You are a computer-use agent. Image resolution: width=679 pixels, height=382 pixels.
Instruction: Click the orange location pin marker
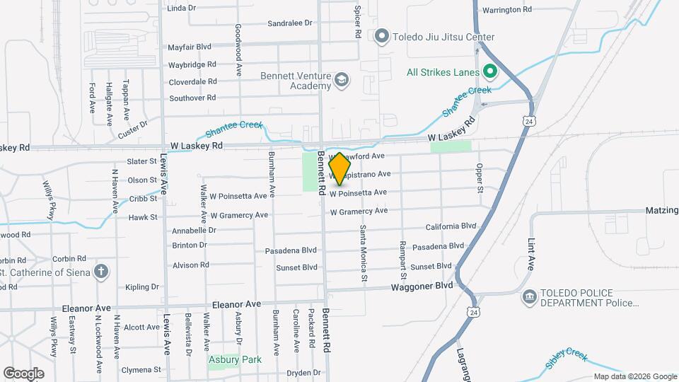pyautogui.click(x=339, y=168)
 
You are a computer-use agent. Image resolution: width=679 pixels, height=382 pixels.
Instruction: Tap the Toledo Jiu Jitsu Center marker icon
pyautogui.click(x=383, y=36)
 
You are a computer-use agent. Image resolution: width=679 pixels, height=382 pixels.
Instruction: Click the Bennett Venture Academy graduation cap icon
pyautogui.click(x=342, y=80)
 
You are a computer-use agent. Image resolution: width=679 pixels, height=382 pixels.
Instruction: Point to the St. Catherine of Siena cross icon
pyautogui.click(x=101, y=271)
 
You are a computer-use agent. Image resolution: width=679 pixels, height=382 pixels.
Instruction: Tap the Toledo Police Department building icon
pyautogui.click(x=528, y=297)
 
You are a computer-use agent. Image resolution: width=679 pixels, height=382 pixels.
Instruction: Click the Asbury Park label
pyautogui.click(x=236, y=359)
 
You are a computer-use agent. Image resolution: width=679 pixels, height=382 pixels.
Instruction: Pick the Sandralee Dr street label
pyautogui.click(x=290, y=23)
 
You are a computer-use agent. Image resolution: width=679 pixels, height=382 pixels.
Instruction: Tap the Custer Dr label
pyautogui.click(x=134, y=126)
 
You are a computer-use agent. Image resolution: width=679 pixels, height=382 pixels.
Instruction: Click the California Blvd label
pyautogui.click(x=451, y=226)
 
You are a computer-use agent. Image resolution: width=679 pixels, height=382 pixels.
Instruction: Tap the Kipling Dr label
pyautogui.click(x=142, y=286)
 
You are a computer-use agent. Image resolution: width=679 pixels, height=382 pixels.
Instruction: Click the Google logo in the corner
pyautogui.click(x=23, y=373)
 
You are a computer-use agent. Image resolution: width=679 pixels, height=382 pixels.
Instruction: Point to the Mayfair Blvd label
pyautogui.click(x=190, y=47)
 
